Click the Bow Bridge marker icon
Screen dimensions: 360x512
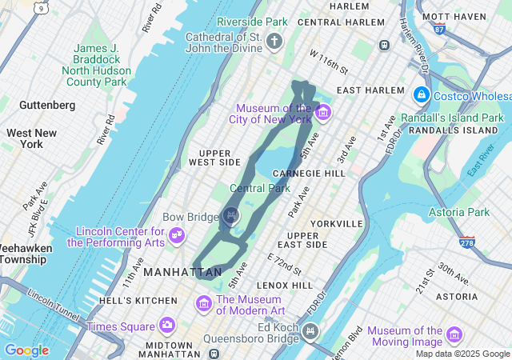coord(231,215)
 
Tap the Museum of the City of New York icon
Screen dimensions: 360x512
coord(322,112)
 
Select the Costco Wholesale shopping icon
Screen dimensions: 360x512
coord(421,95)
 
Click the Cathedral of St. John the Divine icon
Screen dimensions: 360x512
coord(274,40)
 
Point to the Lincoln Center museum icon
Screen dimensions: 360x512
coord(178,236)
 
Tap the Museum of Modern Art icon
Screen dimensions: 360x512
coord(204,304)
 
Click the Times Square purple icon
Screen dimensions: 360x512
coord(166,325)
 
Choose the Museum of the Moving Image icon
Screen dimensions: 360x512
coord(454,334)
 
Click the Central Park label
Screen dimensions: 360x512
coord(260,189)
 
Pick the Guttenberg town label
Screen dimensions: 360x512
coord(47,105)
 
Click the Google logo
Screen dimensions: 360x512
coord(26,350)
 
